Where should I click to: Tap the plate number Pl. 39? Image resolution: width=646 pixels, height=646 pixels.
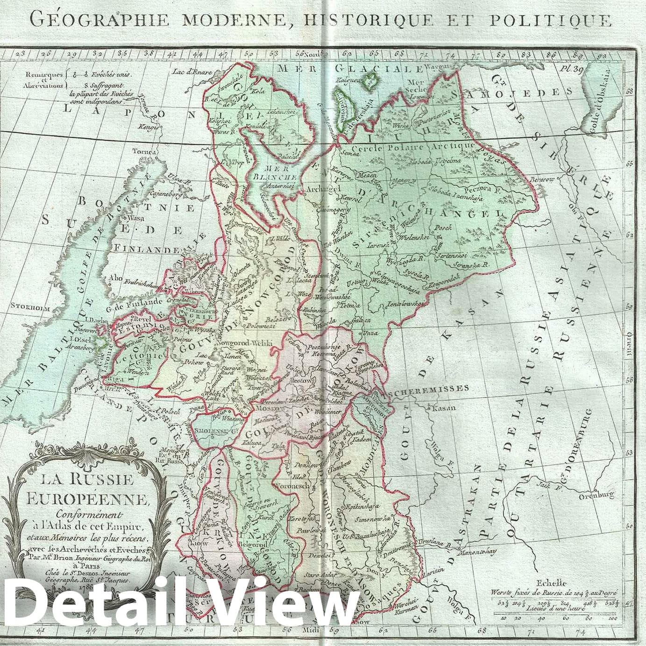click(572, 69)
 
